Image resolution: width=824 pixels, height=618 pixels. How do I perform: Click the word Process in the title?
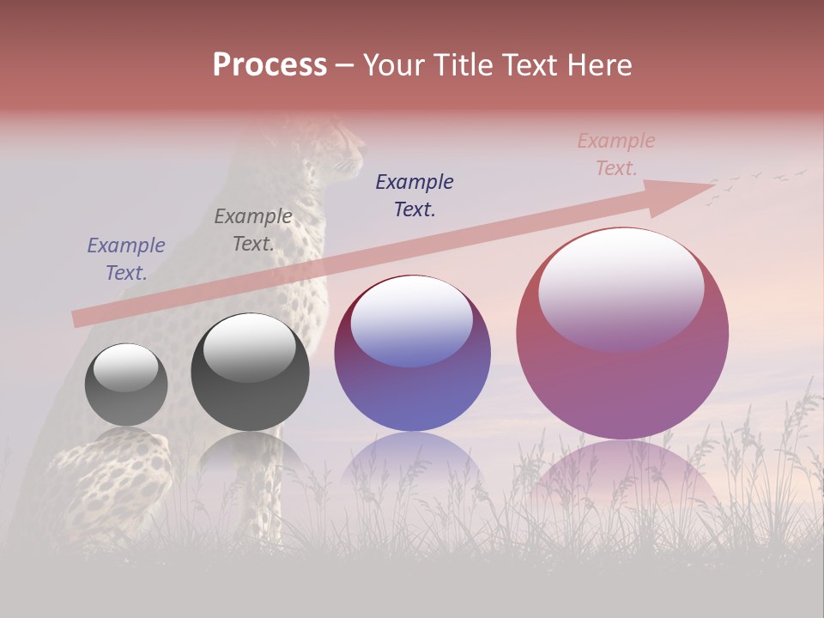(270, 65)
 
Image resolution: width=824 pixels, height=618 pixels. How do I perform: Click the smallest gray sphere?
(126, 385)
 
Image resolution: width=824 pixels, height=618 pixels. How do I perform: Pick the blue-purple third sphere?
(412, 354)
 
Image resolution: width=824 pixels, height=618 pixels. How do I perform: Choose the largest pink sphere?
(622, 333)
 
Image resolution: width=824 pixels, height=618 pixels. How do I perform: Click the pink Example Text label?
(616, 154)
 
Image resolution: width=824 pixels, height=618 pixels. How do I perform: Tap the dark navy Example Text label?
(415, 195)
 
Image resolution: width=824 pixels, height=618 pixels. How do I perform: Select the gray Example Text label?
(253, 230)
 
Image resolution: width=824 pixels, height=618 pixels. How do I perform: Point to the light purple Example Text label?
(126, 258)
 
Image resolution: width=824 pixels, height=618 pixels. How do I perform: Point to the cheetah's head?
(339, 146)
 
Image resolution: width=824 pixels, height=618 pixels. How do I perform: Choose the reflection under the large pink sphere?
(622, 476)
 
